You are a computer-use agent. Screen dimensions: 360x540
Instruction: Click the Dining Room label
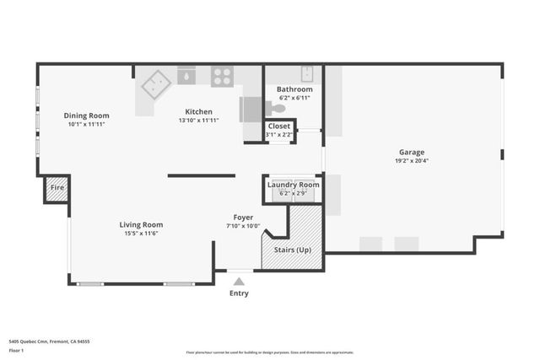click(87, 116)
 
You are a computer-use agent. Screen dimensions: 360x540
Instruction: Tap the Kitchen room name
click(199, 111)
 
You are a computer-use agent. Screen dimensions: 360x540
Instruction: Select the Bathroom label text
click(294, 89)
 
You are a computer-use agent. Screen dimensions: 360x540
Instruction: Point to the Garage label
click(412, 153)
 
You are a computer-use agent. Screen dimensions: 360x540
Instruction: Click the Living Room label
click(140, 224)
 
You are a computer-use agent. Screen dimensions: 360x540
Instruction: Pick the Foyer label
click(243, 218)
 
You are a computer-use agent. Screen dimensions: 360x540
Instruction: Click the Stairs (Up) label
click(292, 250)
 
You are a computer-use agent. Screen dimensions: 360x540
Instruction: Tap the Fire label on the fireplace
click(57, 187)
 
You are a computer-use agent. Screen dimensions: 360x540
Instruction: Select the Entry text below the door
click(240, 294)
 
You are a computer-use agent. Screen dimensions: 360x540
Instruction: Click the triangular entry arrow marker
click(240, 282)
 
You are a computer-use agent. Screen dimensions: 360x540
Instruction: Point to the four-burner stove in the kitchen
click(222, 77)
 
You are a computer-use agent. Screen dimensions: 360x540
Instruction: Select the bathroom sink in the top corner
click(307, 73)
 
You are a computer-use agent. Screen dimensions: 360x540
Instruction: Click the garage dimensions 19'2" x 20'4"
click(412, 161)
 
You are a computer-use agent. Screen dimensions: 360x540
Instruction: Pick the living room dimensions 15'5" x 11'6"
click(140, 234)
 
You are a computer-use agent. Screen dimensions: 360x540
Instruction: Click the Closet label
click(278, 126)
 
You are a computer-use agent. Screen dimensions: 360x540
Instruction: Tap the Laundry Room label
click(292, 185)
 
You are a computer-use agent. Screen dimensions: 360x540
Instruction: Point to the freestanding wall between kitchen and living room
click(201, 175)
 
